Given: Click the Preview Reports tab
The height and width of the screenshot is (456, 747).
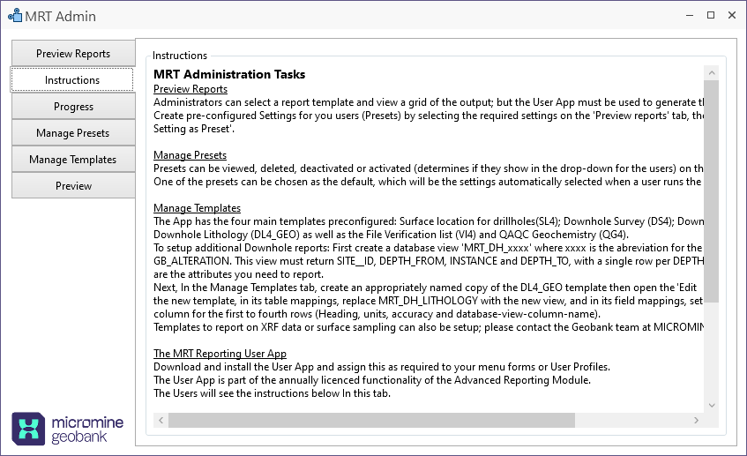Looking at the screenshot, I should coord(73,54).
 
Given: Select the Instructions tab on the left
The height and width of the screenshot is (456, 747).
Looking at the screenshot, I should coord(72,80).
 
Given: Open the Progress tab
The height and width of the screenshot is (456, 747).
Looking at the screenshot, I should coord(73,107).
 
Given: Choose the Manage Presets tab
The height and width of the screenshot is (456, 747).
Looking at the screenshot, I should coord(73,133).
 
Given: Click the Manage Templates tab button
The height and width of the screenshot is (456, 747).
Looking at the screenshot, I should coord(73,160).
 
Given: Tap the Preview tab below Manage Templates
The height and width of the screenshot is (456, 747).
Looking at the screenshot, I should coord(73,186).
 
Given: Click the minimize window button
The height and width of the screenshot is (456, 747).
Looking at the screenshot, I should coord(686,16).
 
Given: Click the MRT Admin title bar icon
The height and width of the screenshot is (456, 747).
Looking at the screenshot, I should coord(14,16).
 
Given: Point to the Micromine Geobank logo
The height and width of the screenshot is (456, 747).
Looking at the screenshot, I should coord(67,429).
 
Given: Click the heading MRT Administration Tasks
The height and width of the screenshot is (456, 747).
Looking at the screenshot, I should coord(229,75).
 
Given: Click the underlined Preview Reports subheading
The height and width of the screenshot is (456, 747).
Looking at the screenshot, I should coord(190,89).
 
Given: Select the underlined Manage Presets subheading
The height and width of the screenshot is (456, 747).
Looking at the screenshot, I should coord(190,155).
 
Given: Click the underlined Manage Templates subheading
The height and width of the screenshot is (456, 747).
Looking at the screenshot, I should coord(197,208).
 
